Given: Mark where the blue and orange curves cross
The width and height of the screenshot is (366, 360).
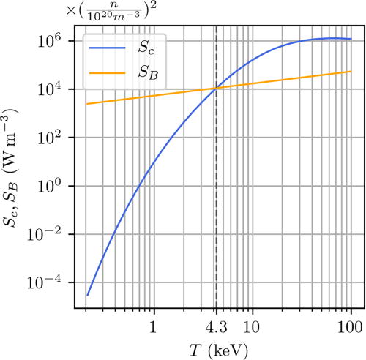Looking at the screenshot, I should (x=216, y=89).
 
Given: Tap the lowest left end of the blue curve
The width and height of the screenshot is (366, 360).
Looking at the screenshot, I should (x=88, y=296).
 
